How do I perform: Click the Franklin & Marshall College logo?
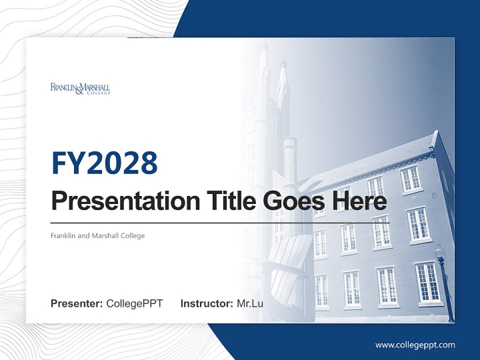coord(80,89)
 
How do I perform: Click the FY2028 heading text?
coord(104,163)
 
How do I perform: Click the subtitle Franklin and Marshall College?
coord(97,235)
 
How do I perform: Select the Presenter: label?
coord(77,303)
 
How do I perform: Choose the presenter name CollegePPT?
coord(134,303)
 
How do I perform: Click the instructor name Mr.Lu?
coord(250,303)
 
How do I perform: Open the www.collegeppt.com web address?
coord(415,344)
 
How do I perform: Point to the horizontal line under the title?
coord(220,222)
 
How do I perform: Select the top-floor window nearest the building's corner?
coord(410,179)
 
